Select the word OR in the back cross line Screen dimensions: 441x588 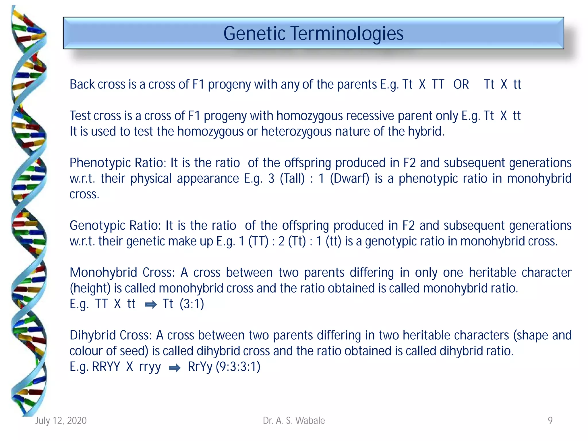pyautogui.click(x=461, y=84)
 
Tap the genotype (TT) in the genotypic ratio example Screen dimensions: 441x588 pyautogui.click(x=258, y=241)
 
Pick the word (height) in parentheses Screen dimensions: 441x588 pyautogui.click(x=90, y=288)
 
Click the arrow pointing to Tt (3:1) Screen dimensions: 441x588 pyautogui.click(x=151, y=305)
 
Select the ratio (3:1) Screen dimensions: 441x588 pyautogui.click(x=192, y=304)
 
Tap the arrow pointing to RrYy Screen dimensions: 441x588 pyautogui.click(x=175, y=368)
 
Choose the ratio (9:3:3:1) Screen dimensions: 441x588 pyautogui.click(x=238, y=367)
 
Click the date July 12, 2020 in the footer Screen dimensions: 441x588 pyautogui.click(x=61, y=421)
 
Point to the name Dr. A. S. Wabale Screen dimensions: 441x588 pyautogui.click(x=294, y=421)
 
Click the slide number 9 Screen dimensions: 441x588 pyautogui.click(x=550, y=421)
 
